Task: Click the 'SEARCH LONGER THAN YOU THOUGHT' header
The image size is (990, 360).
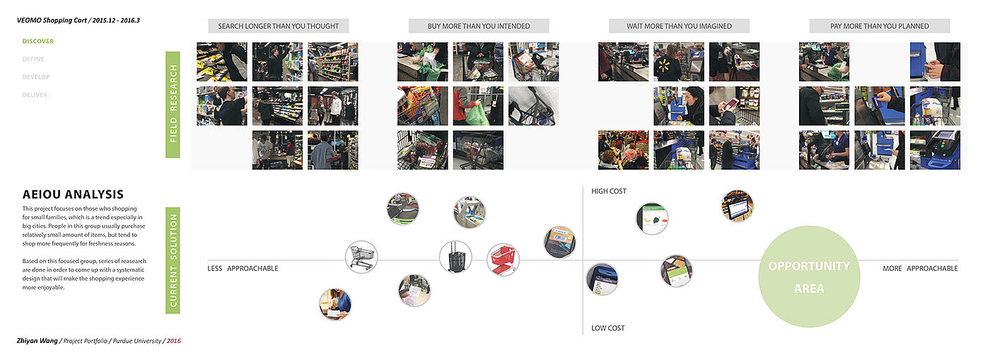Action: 279,26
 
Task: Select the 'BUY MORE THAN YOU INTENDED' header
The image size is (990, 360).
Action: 479,26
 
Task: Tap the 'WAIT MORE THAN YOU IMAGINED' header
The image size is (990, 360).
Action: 679,26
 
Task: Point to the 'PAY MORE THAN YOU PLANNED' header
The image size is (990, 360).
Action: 879,26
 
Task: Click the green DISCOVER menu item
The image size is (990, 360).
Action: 37,41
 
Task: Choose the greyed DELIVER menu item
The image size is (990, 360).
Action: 35,95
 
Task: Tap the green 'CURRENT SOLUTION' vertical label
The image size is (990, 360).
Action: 173,260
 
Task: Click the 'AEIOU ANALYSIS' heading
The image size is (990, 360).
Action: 73,194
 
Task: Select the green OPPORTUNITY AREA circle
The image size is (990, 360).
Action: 809,277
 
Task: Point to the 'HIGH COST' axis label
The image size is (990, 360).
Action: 609,191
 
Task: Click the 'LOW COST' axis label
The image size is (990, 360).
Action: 608,328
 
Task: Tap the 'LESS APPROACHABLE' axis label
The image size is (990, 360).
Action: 243,269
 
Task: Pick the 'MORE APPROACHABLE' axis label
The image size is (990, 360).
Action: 920,269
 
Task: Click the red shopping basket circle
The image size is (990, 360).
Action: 503,260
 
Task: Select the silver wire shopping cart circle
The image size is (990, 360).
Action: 361,256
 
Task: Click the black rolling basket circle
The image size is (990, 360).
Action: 455,257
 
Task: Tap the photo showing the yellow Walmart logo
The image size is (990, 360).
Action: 678,62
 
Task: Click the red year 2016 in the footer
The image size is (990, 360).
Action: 173,341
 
